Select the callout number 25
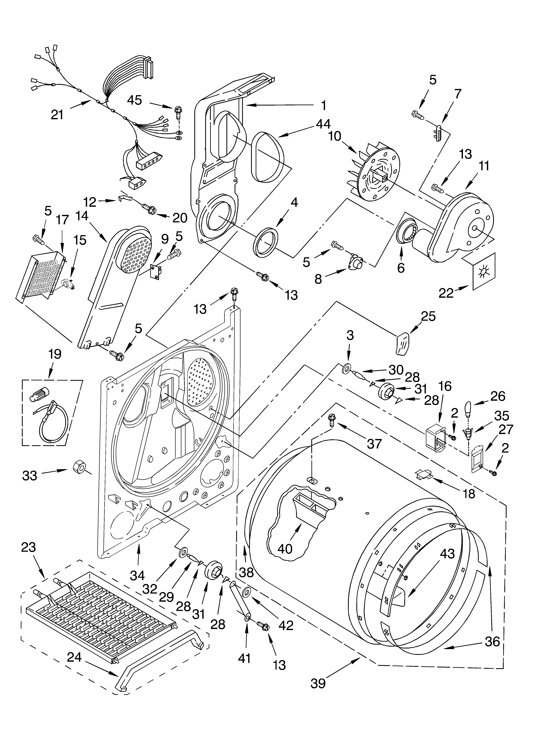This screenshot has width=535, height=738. click(x=428, y=316)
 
